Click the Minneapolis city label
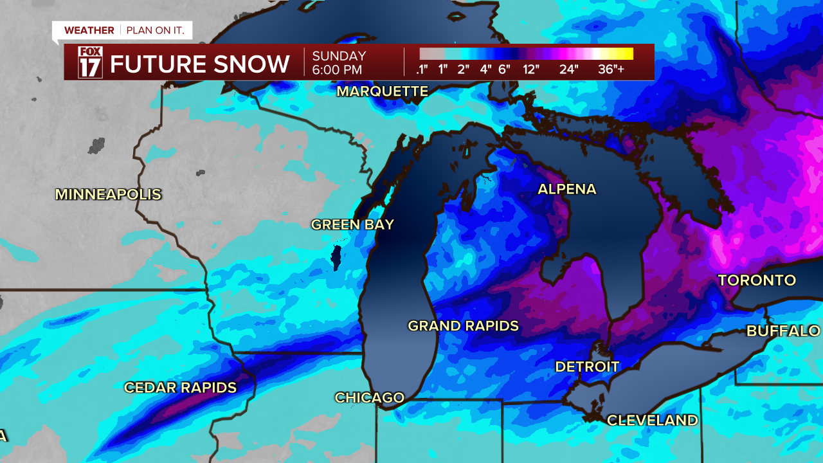click(x=108, y=194)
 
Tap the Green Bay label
click(x=352, y=224)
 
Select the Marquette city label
click(x=382, y=91)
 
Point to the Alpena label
click(x=566, y=189)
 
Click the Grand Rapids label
click(x=463, y=326)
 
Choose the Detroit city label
click(x=587, y=367)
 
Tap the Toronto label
click(x=757, y=280)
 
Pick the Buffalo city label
click(x=783, y=331)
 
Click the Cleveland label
click(x=652, y=420)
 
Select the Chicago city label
click(x=369, y=398)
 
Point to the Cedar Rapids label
click(x=180, y=388)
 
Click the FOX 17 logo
click(x=89, y=62)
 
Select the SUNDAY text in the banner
click(x=339, y=56)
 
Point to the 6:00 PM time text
click(x=337, y=69)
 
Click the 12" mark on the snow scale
click(x=531, y=69)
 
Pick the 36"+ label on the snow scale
click(x=611, y=69)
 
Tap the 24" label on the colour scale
click(x=568, y=69)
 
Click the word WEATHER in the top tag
click(x=89, y=30)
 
